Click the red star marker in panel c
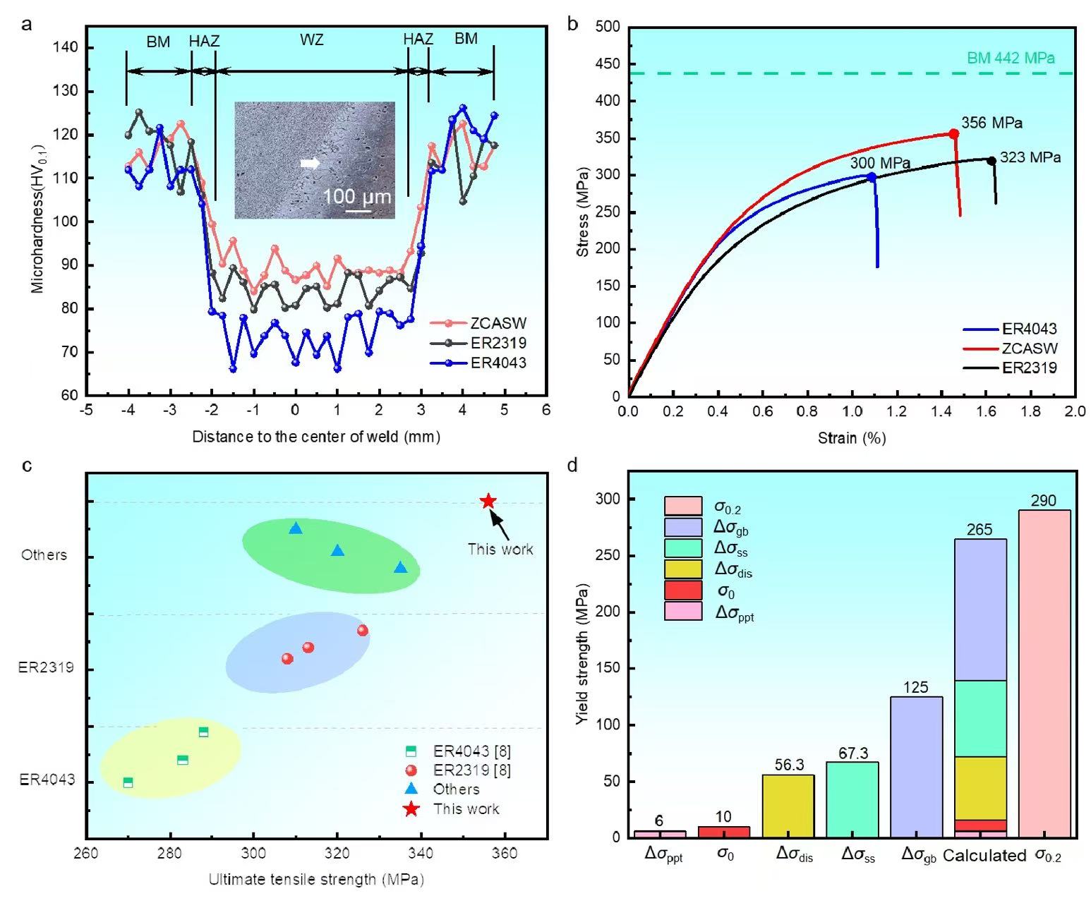488,502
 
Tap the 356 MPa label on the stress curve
991,123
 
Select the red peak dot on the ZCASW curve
954,133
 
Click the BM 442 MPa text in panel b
1011,59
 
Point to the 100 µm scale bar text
356,196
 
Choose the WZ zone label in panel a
311,40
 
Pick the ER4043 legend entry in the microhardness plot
498,363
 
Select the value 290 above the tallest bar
1043,501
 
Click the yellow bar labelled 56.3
788,806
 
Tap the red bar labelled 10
723,832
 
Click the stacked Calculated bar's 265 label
980,530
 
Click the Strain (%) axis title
852,438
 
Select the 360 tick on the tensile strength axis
505,854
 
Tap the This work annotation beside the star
500,549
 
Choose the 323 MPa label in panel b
1030,157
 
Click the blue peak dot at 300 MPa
872,177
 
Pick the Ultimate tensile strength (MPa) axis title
315,879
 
